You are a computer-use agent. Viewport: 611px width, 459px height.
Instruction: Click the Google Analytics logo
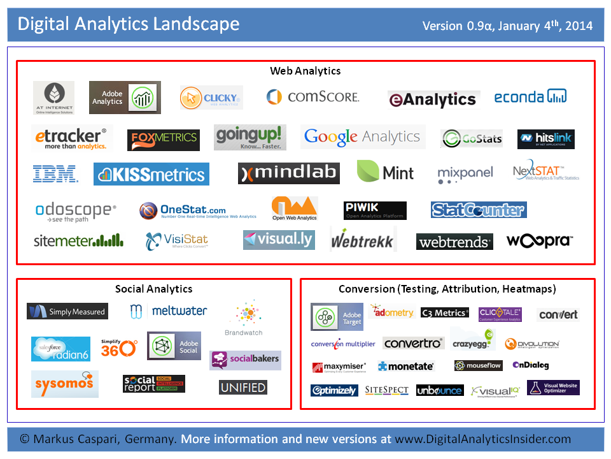pos(362,136)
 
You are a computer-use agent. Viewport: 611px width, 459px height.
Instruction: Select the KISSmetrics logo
pos(151,174)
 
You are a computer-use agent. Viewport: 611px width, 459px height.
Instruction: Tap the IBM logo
pos(55,173)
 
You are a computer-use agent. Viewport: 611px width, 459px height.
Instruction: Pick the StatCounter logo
pos(479,210)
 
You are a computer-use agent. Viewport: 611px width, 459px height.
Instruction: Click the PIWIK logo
pos(375,210)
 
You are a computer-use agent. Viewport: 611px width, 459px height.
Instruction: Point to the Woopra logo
pos(540,241)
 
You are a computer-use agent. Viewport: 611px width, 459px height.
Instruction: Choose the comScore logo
pos(313,97)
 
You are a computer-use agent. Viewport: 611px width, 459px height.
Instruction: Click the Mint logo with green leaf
pos(386,172)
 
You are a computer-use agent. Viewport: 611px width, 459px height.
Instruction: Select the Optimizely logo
pos(334,390)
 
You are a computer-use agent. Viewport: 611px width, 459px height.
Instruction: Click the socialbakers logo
pos(245,360)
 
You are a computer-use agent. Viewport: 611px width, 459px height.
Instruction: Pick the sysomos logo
pos(64,383)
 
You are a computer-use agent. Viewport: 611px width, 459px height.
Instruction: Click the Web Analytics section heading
pos(305,71)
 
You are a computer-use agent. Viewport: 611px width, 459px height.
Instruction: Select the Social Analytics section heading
pos(153,289)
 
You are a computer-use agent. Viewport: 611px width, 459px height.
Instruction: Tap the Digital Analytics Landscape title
pos(129,24)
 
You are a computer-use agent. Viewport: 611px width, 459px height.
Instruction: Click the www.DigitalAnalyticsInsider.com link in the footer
pos(482,439)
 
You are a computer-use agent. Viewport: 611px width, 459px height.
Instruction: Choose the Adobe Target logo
pos(337,317)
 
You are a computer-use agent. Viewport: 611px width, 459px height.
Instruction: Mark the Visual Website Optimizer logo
pos(553,388)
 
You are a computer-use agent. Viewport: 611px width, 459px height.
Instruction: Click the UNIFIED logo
pos(243,387)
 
